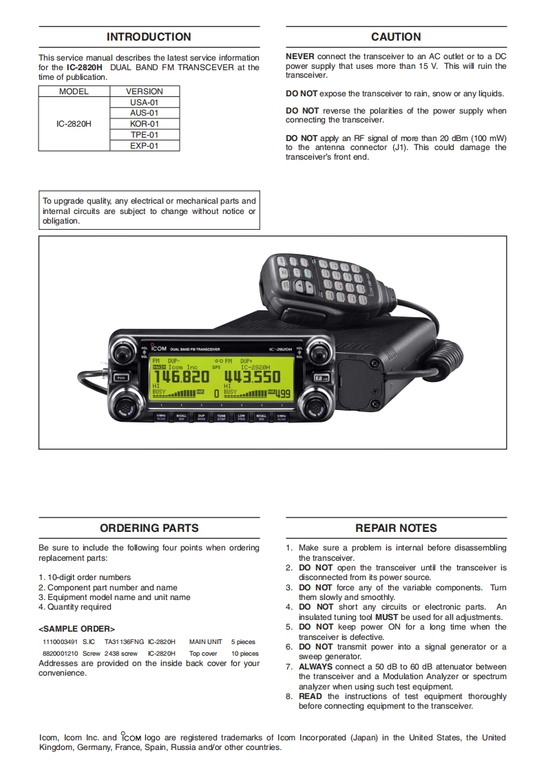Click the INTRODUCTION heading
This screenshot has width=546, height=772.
point(149,37)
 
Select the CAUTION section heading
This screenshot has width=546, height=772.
point(396,37)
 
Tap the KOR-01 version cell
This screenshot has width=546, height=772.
point(145,124)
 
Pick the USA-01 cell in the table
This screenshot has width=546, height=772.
point(145,102)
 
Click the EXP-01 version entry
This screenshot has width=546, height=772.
point(145,146)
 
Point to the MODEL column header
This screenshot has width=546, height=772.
point(74,91)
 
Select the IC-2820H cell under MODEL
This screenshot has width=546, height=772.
point(74,124)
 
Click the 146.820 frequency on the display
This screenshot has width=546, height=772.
point(180,377)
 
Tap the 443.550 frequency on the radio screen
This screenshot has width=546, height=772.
point(251,377)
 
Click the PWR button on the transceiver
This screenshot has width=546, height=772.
point(121,378)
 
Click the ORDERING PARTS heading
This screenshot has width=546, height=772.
point(149,528)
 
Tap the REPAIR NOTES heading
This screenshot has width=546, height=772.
point(396,528)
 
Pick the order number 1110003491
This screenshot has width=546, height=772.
point(59,642)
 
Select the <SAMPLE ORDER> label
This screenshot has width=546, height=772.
point(76,629)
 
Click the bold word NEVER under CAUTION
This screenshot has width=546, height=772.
point(300,56)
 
